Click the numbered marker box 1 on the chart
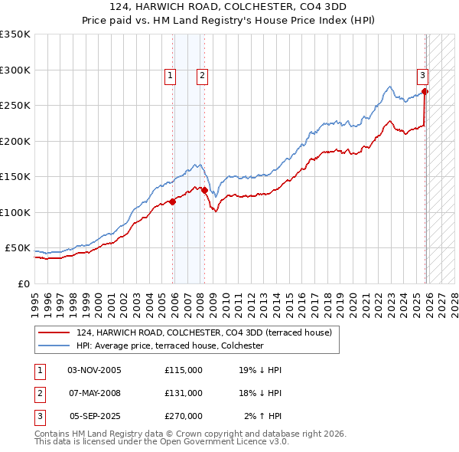click(x=169, y=75)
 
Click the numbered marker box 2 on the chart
click(x=201, y=75)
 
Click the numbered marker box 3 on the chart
click(x=422, y=75)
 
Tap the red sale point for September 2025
click(x=425, y=91)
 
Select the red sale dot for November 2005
click(x=173, y=201)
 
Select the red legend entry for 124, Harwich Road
click(x=203, y=332)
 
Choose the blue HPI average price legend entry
click(x=170, y=346)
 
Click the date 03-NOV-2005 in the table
click(x=95, y=370)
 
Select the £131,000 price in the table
click(x=184, y=393)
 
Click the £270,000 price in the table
click(x=184, y=416)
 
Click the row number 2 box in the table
click(x=38, y=393)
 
